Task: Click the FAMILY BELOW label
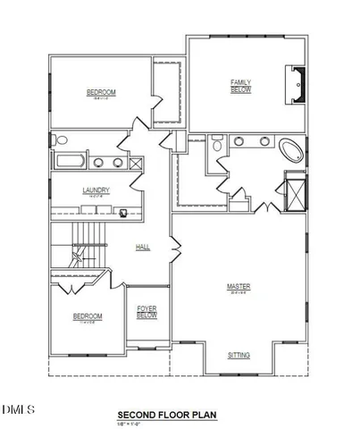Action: point(241,86)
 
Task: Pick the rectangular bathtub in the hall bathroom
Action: point(69,162)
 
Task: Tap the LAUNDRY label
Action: point(96,190)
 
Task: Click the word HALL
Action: point(142,248)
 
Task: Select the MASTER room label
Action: point(239,288)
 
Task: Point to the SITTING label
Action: point(239,355)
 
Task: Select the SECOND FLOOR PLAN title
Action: point(167,415)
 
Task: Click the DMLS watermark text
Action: point(18,410)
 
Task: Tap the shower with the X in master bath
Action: point(292,193)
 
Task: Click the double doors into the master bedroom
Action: point(264,207)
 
